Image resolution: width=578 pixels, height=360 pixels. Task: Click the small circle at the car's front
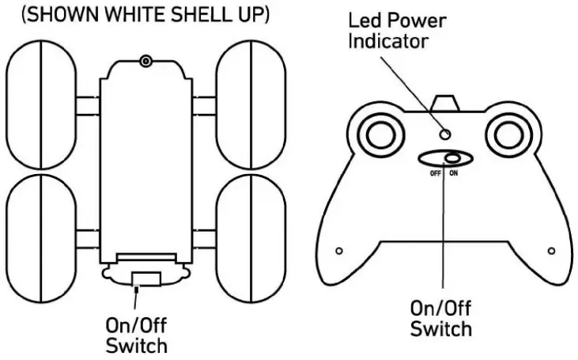coord(145,62)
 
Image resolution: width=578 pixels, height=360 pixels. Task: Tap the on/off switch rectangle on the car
coord(145,279)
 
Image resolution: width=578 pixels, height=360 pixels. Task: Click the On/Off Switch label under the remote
coord(441,318)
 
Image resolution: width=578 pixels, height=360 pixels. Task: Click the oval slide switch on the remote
coord(443,158)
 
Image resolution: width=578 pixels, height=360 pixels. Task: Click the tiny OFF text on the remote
coord(435,173)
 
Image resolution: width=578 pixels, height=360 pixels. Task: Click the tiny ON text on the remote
coord(452,173)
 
